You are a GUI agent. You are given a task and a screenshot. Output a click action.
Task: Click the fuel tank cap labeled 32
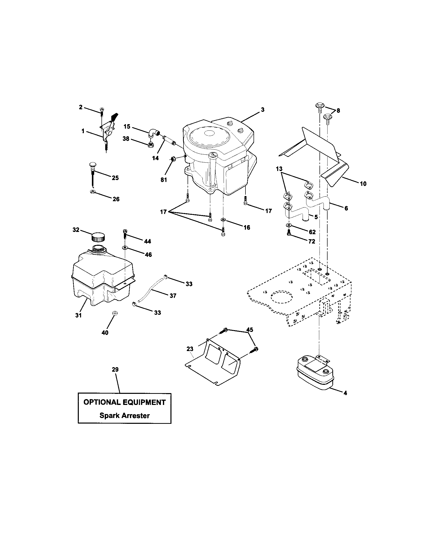[98, 237]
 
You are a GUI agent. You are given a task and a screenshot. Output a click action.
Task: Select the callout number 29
[115, 370]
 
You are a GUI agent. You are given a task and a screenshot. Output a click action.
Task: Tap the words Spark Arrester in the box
[124, 415]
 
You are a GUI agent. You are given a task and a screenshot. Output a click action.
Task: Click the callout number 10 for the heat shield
[363, 184]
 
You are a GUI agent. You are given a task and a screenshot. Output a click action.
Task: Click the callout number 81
[164, 180]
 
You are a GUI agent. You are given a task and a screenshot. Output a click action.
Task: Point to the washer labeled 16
[223, 219]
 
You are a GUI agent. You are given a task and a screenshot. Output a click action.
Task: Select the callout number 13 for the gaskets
[279, 168]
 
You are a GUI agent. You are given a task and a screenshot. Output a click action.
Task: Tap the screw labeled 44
[125, 233]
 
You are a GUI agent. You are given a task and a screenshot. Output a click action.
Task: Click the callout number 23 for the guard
[190, 349]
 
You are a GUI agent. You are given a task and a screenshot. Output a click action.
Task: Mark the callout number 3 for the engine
[263, 110]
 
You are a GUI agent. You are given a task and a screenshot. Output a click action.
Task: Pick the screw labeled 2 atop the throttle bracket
[102, 110]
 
